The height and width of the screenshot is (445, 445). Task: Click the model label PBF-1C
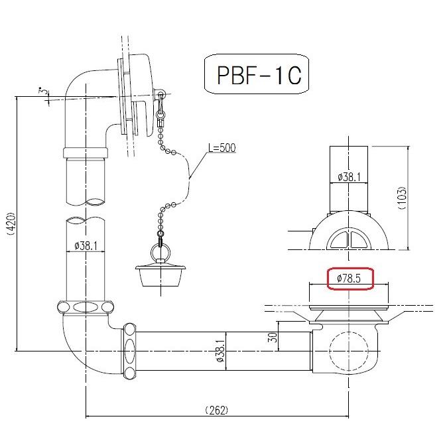tap(259, 76)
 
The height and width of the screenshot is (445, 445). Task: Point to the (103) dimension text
tap(403, 197)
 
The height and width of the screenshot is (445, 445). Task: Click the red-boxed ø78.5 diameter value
tap(349, 279)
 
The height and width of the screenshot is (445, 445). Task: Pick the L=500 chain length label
tap(222, 148)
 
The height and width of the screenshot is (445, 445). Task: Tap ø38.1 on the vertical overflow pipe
tap(86, 246)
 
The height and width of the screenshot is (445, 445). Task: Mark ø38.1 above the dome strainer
tap(349, 177)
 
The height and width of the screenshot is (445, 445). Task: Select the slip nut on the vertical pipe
tap(86, 308)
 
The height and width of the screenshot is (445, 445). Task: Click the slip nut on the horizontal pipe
tap(129, 348)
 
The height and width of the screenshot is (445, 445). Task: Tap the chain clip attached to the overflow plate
tap(160, 109)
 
